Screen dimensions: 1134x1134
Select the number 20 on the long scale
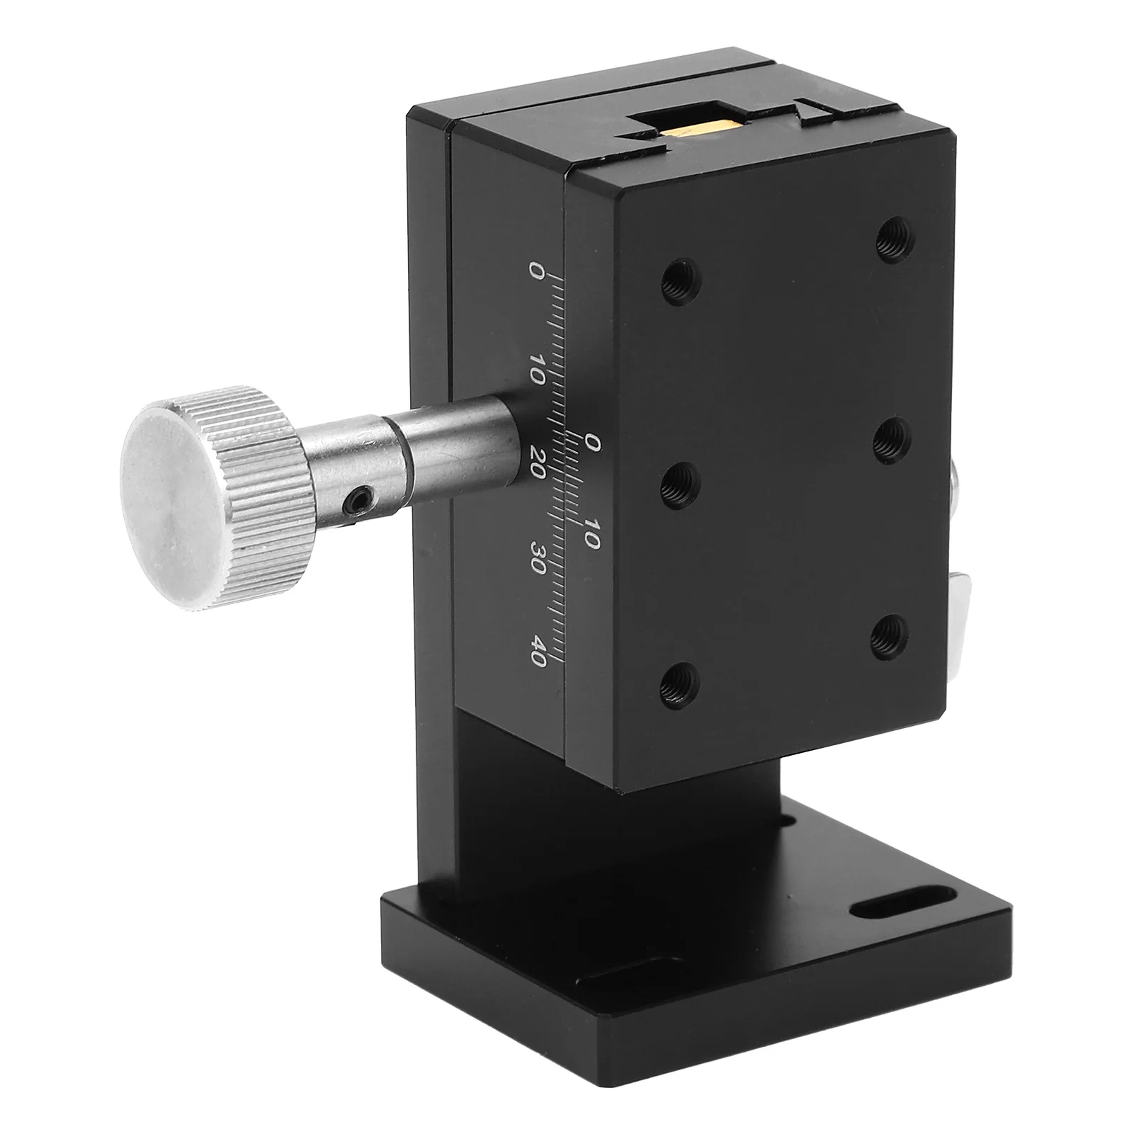[x=537, y=464]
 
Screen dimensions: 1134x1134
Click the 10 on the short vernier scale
[x=591, y=533]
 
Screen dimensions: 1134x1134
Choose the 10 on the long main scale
[x=537, y=368]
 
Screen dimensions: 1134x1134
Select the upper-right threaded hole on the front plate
[x=893, y=243]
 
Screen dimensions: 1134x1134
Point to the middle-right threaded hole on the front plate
[x=892, y=443]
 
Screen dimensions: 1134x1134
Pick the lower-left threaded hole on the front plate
[x=681, y=684]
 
